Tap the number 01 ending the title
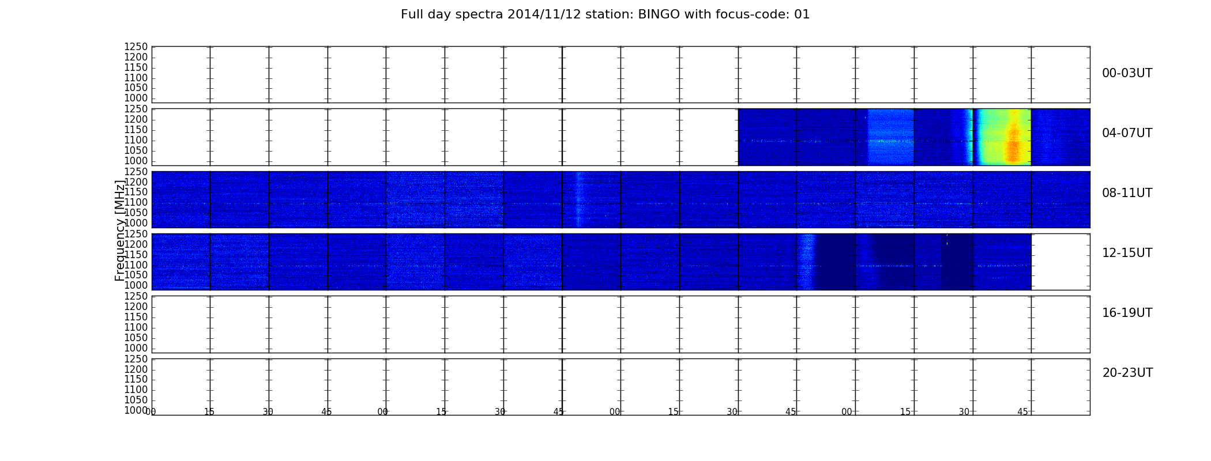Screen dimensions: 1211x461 pyautogui.click(x=802, y=14)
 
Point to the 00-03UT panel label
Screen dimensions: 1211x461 pyautogui.click(x=1127, y=73)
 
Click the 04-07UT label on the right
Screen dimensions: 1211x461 pyautogui.click(x=1127, y=133)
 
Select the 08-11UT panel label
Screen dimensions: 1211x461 pyautogui.click(x=1127, y=193)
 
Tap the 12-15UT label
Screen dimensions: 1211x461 pyautogui.click(x=1127, y=253)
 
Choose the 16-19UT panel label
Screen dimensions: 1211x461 pyautogui.click(x=1127, y=313)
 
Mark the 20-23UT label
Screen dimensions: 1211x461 pyautogui.click(x=1127, y=373)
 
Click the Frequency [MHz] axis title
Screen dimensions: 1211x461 pyautogui.click(x=120, y=231)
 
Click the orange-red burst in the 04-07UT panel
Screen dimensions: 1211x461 pyautogui.click(x=1013, y=144)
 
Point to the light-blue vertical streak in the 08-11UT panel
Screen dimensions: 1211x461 pyautogui.click(x=579, y=199)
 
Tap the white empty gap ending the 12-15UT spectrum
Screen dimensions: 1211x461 pyautogui.click(x=1060, y=262)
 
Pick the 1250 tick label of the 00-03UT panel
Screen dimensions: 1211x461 pyautogui.click(x=136, y=47)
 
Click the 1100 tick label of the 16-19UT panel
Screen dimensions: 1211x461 pyautogui.click(x=136, y=327)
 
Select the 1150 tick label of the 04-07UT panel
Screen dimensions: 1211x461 pyautogui.click(x=136, y=130)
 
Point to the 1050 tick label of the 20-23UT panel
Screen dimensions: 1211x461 pyautogui.click(x=136, y=400)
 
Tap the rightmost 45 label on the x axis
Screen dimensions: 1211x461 pyautogui.click(x=1022, y=411)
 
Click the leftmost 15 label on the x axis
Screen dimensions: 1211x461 pyautogui.click(x=209, y=411)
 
